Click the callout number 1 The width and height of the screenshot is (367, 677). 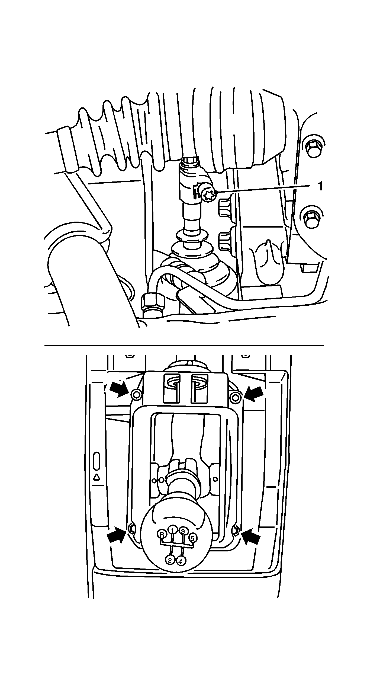320,186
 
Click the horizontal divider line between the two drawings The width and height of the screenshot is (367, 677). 184,346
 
